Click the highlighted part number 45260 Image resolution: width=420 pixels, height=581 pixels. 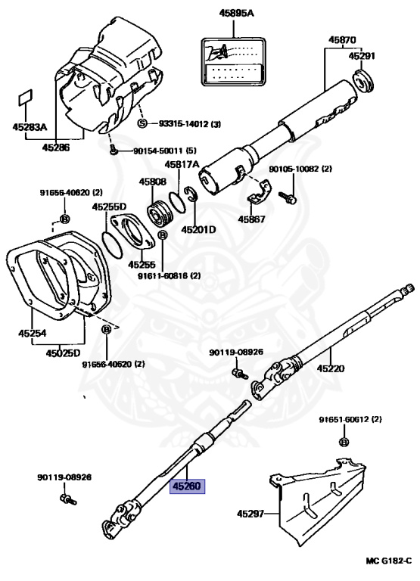pyautogui.click(x=187, y=486)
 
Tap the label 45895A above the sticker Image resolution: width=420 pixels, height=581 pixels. pyautogui.click(x=237, y=14)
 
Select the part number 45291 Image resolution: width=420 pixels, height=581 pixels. pyautogui.click(x=362, y=56)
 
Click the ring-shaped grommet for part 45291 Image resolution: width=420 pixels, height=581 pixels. pyautogui.click(x=362, y=81)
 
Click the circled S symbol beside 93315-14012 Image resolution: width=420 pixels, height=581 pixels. pyautogui.click(x=143, y=123)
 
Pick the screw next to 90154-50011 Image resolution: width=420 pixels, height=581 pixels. pyautogui.click(x=114, y=151)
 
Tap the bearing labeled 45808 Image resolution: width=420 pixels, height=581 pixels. pyautogui.click(x=160, y=213)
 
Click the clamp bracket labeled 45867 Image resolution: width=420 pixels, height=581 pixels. pyautogui.click(x=259, y=193)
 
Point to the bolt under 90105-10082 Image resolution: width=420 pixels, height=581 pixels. pyautogui.click(x=288, y=197)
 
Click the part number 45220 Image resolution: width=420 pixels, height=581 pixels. pyautogui.click(x=331, y=368)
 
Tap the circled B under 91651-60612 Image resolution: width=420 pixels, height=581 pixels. pyautogui.click(x=344, y=442)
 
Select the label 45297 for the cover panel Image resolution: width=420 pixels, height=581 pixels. pyautogui.click(x=250, y=514)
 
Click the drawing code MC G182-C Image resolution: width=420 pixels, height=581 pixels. pyautogui.click(x=388, y=561)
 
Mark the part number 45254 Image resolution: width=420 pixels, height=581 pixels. pyautogui.click(x=33, y=333)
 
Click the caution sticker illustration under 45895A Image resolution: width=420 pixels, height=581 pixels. pyautogui.click(x=234, y=61)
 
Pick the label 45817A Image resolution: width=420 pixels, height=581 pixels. pyautogui.click(x=182, y=164)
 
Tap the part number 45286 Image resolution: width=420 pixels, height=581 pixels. pyautogui.click(x=55, y=148)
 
